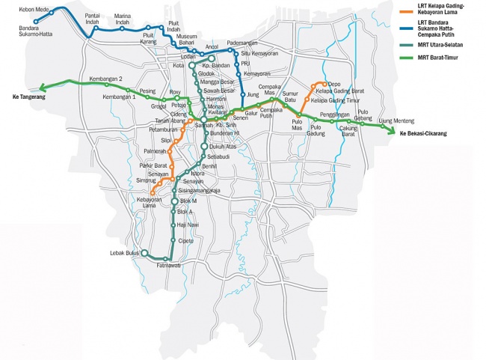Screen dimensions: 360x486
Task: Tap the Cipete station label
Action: tap(186, 241)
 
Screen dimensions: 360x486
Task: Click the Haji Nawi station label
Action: tap(188, 224)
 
